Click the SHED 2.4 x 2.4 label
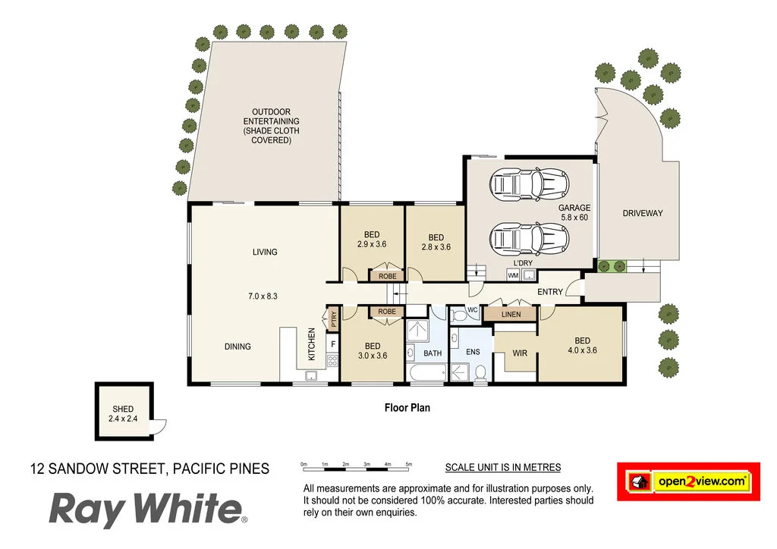(123, 414)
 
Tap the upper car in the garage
(529, 183)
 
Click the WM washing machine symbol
(513, 275)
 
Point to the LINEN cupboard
(511, 313)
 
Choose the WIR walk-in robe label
(520, 353)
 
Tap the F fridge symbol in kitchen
(332, 345)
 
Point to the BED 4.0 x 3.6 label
(582, 345)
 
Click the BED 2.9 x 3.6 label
(372, 240)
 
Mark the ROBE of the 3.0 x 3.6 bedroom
(387, 312)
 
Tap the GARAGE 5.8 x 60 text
(574, 212)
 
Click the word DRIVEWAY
(642, 213)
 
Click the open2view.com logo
(688, 481)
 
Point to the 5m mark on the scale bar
(408, 463)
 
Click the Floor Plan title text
(407, 408)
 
